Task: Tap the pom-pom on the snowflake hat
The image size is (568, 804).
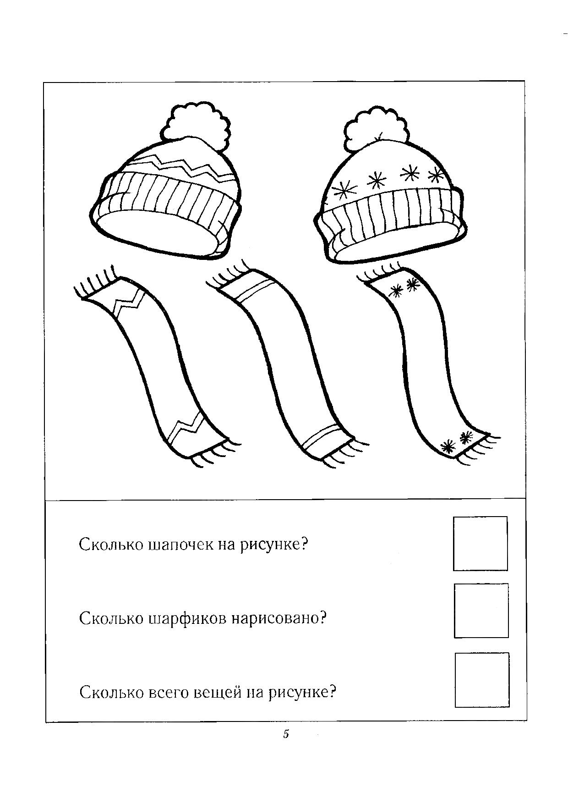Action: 376,130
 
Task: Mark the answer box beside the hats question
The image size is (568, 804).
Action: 480,544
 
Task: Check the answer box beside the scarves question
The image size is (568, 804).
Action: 481,610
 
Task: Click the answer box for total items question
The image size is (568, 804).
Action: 482,680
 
